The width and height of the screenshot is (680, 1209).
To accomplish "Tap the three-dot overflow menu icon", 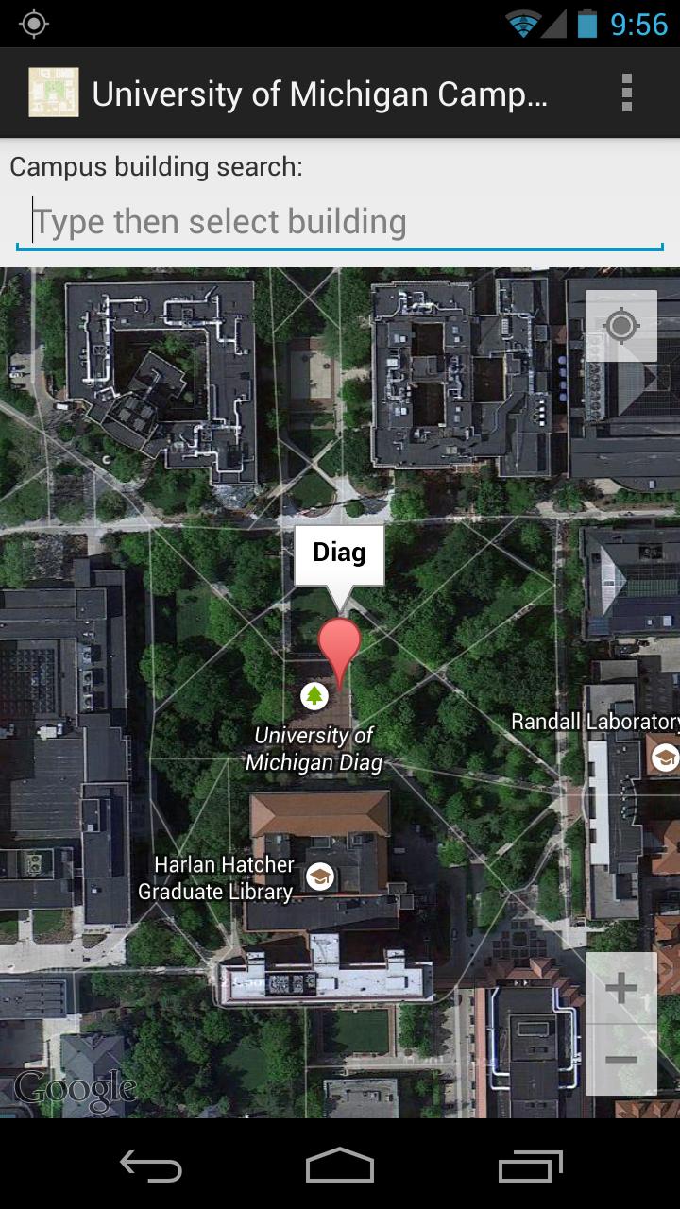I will coord(626,93).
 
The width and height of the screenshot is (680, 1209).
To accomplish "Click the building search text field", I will coord(340,223).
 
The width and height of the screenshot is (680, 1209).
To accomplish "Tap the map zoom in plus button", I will coord(620,989).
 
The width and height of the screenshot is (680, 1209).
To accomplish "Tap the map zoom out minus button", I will coord(620,1060).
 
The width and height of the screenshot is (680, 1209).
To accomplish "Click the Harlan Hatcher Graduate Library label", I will coord(216,877).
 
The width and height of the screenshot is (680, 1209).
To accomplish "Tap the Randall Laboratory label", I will coord(593,722).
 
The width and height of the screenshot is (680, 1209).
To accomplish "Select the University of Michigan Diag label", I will coord(314,748).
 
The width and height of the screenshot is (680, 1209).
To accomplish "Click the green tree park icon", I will coord(314,697).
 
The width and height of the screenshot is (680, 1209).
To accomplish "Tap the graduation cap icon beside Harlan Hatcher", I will coord(320,877).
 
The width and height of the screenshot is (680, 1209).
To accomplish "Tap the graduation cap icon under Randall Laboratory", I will coord(665,757).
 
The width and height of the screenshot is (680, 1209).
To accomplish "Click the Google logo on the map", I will coord(76,1089).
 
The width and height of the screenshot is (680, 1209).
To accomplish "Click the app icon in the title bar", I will coord(53,93).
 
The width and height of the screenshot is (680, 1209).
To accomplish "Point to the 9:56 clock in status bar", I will coord(638,24).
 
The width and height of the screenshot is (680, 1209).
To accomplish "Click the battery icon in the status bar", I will coord(586,24).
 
